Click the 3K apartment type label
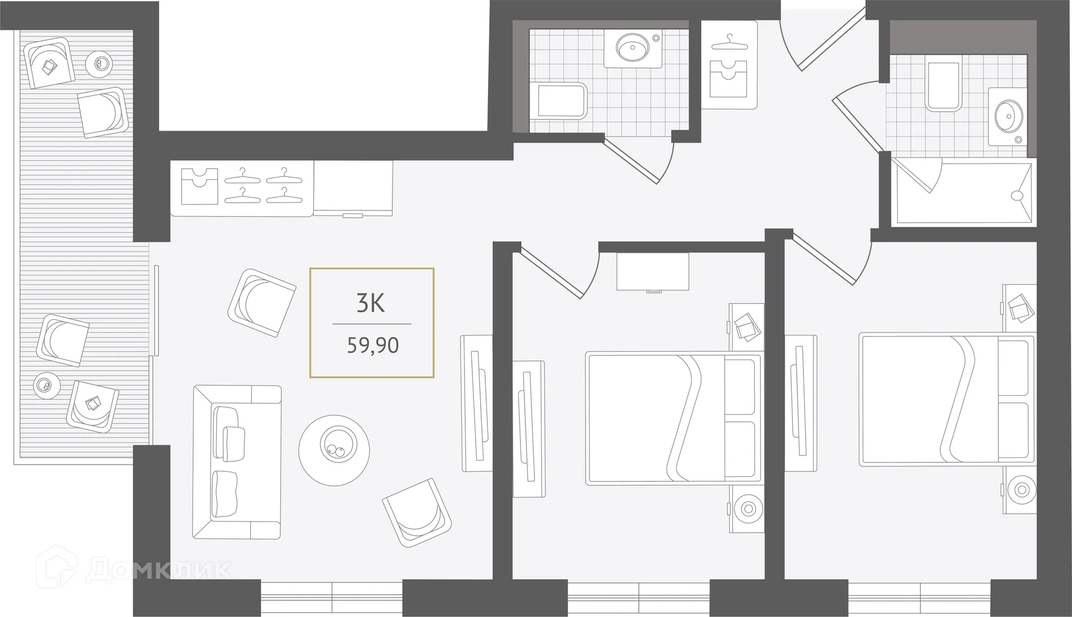[x=371, y=303]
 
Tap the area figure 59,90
[x=372, y=346]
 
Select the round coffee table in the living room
[x=334, y=450]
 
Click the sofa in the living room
[x=236, y=461]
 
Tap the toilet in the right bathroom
[x=942, y=84]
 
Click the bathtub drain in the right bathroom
[x=1017, y=195]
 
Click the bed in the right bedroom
[x=946, y=399]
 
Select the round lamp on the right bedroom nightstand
[x=1021, y=490]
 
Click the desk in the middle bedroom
[x=653, y=271]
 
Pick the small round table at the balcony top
[x=99, y=64]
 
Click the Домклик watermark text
[x=159, y=570]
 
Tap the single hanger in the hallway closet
[x=729, y=42]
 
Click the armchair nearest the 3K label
[x=261, y=303]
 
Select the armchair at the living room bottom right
[x=417, y=512]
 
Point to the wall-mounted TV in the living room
[x=476, y=403]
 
